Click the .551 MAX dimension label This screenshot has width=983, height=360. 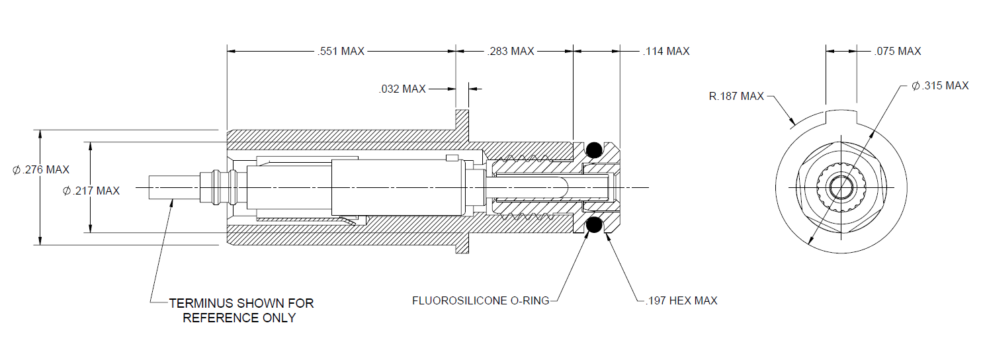(341, 52)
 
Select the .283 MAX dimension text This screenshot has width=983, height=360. (511, 52)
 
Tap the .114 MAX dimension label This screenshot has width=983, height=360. (666, 52)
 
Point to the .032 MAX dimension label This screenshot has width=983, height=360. (402, 89)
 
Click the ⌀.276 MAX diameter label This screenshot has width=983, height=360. (41, 169)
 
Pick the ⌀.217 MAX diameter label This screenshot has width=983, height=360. (91, 191)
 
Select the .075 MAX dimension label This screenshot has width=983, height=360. (898, 52)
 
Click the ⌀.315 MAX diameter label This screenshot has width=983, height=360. (940, 85)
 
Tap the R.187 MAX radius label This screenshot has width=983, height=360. (736, 96)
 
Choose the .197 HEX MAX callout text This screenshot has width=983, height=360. (681, 300)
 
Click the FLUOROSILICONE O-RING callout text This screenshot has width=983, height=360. (480, 300)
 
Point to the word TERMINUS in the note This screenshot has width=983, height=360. (201, 303)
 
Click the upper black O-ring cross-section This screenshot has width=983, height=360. (594, 150)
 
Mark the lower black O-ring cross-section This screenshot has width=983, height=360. (594, 225)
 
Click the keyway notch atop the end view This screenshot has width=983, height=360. (841, 116)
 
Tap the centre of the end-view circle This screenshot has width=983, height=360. (841, 188)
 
